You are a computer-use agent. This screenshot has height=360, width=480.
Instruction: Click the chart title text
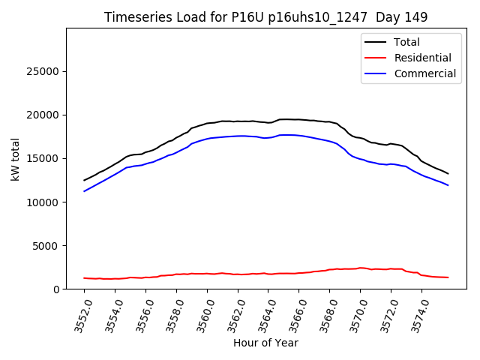[266, 17]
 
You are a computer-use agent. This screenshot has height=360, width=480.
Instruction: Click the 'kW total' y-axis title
[16, 159]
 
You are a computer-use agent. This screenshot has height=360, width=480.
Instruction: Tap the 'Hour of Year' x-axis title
[265, 343]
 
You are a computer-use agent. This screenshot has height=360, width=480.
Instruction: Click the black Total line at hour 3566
[298, 119]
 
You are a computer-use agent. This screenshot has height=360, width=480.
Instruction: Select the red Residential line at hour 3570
[360, 268]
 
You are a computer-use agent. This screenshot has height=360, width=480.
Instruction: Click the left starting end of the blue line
[84, 191]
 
